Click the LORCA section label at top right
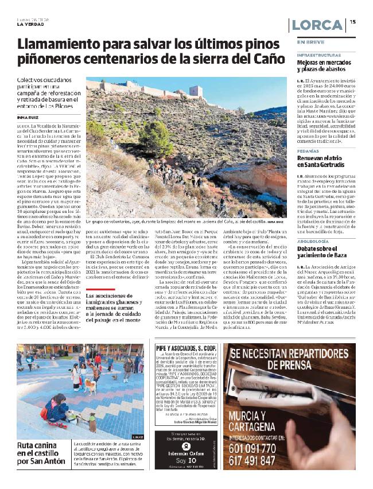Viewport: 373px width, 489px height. click(317, 26)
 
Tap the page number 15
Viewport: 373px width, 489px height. click(353, 22)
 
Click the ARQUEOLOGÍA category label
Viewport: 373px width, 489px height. click(313, 242)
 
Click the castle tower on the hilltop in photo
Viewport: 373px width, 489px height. click(196, 91)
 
